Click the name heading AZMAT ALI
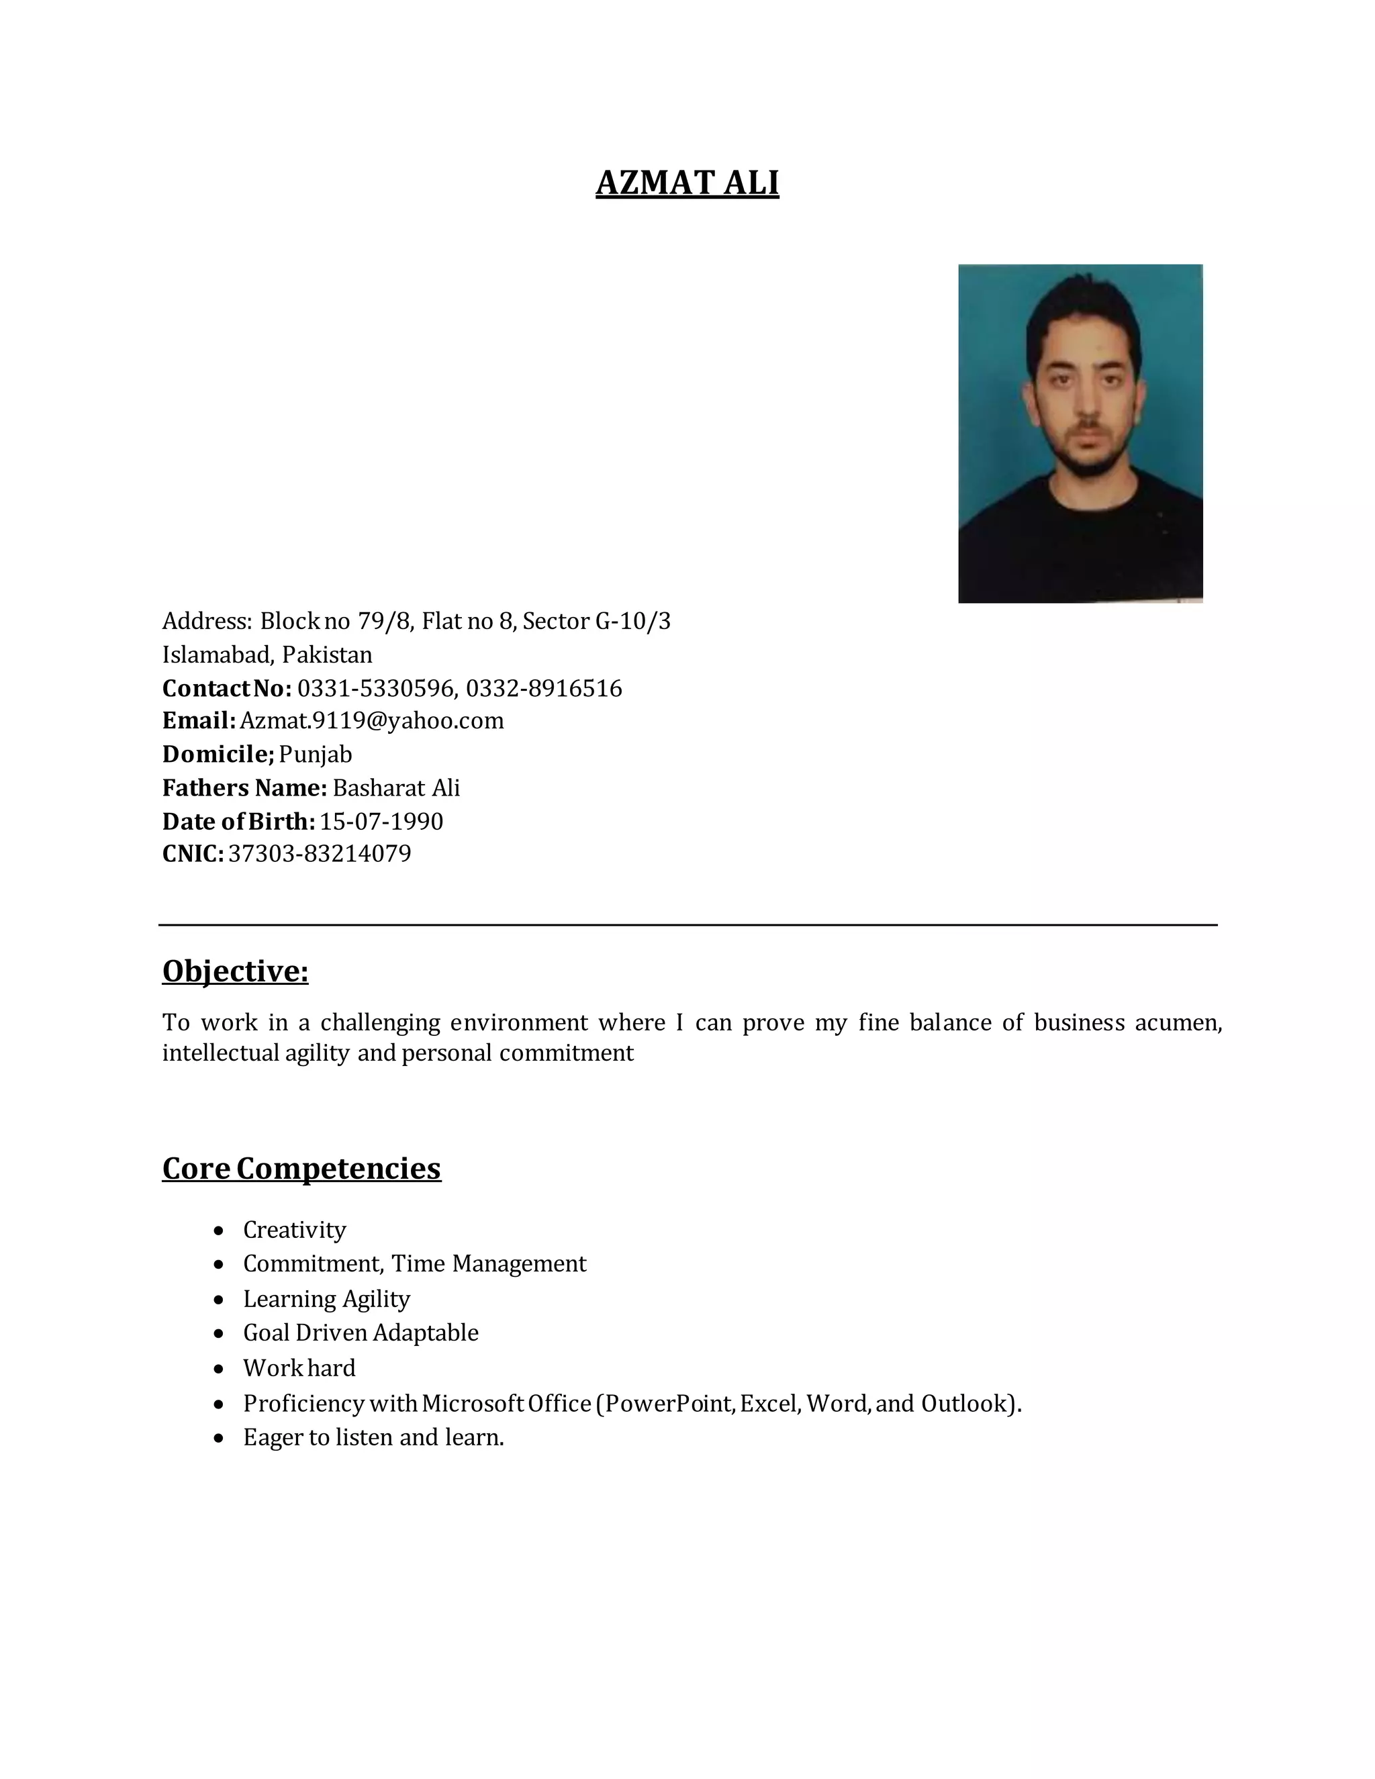pyautogui.click(x=687, y=183)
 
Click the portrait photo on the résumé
pyautogui.click(x=1080, y=434)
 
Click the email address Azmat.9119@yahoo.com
pyautogui.click(x=371, y=721)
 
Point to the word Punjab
pyautogui.click(x=316, y=755)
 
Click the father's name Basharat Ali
pyautogui.click(x=396, y=787)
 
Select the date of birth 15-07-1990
pyautogui.click(x=381, y=821)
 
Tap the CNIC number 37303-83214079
pyautogui.click(x=320, y=854)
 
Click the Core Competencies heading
pyautogui.click(x=301, y=1168)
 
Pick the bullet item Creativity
pyautogui.click(x=294, y=1230)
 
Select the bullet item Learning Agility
pyautogui.click(x=326, y=1298)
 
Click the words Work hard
pyautogui.click(x=299, y=1367)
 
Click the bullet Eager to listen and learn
pyautogui.click(x=373, y=1437)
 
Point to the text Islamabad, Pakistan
pyautogui.click(x=267, y=655)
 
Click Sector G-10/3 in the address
pyautogui.click(x=596, y=622)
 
